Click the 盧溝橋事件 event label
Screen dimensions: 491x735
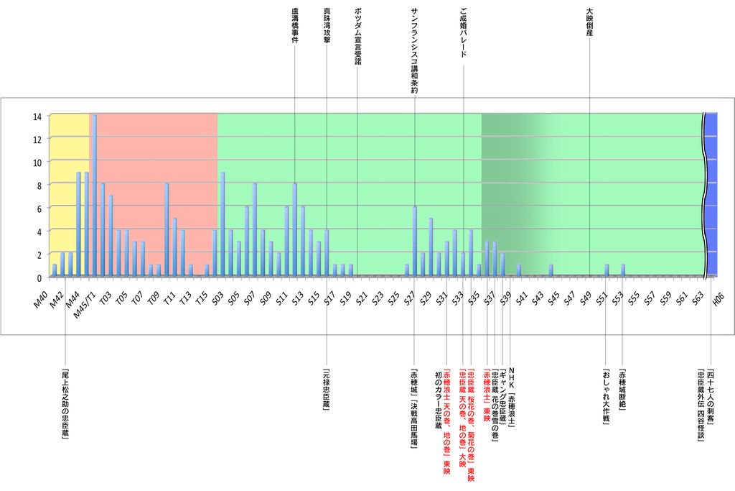click(x=295, y=26)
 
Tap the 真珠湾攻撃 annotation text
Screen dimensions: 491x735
click(x=327, y=26)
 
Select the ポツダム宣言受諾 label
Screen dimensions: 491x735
click(x=358, y=37)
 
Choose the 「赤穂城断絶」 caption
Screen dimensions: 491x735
click(x=622, y=392)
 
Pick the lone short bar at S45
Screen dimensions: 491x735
click(x=551, y=270)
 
